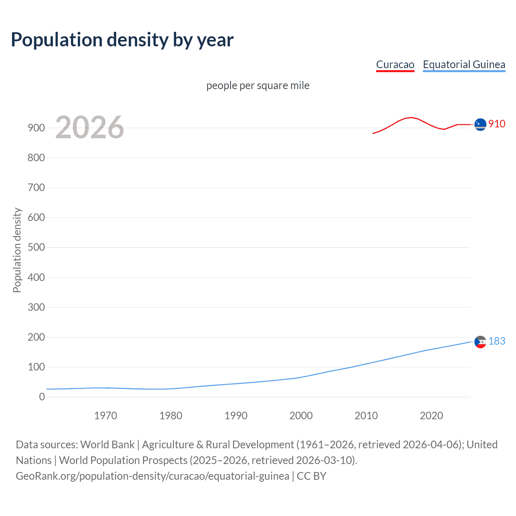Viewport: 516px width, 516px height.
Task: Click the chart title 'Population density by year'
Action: (x=122, y=40)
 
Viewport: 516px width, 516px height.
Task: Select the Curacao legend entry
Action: (x=395, y=64)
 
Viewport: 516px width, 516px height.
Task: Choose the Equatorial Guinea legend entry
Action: (x=464, y=64)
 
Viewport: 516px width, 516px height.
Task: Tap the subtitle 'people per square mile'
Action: (x=258, y=85)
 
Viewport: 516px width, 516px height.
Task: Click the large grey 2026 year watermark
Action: (x=89, y=127)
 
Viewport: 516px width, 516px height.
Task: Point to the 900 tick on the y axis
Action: (x=36, y=128)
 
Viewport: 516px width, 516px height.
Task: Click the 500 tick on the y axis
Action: (x=36, y=247)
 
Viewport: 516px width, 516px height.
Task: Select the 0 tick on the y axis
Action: (x=42, y=397)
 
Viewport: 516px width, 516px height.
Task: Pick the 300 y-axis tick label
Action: (x=36, y=307)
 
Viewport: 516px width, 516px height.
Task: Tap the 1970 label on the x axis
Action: (x=106, y=416)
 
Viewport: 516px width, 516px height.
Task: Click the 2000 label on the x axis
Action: (x=301, y=416)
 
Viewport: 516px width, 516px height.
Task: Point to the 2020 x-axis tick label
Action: (x=431, y=416)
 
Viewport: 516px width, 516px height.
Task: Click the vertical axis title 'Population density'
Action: (x=17, y=250)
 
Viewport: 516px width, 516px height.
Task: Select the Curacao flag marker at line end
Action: (x=480, y=125)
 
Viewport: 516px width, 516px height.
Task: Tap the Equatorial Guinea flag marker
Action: (x=480, y=342)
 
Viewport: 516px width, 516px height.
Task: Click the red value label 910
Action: (x=497, y=124)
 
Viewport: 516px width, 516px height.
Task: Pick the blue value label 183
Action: (x=497, y=341)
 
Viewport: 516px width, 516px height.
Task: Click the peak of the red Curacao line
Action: (x=411, y=117)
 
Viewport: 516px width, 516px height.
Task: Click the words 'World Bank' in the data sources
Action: (x=107, y=445)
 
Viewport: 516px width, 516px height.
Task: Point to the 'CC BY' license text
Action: (x=311, y=476)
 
